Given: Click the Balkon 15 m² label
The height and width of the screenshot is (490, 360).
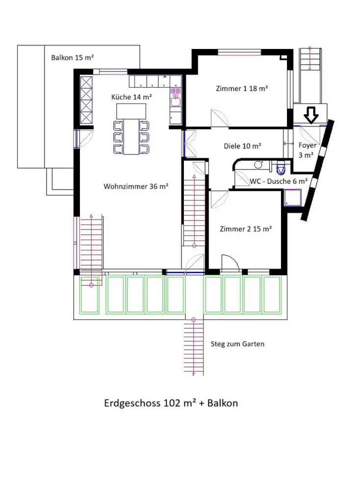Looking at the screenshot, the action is pyautogui.click(x=72, y=57).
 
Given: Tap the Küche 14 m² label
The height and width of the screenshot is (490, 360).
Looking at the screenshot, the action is pyautogui.click(x=131, y=97).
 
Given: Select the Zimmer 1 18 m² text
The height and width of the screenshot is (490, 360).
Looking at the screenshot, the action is pyautogui.click(x=242, y=88).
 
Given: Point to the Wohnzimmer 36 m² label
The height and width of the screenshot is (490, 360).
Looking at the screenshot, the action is pyautogui.click(x=136, y=187).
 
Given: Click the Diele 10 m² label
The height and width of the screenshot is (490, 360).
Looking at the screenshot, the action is pyautogui.click(x=242, y=146).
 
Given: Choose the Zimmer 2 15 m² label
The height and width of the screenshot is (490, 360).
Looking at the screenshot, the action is pyautogui.click(x=246, y=229).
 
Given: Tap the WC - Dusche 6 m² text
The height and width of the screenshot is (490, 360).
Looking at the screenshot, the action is pyautogui.click(x=279, y=181).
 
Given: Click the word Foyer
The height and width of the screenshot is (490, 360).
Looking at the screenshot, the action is pyautogui.click(x=308, y=146).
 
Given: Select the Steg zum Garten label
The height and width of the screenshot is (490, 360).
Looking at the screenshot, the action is pyautogui.click(x=237, y=344).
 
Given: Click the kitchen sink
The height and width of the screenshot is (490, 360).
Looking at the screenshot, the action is pyautogui.click(x=176, y=102).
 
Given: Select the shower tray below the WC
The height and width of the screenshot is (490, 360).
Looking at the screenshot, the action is pyautogui.click(x=292, y=198).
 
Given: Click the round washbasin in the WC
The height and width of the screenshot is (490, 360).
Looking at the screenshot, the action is pyautogui.click(x=258, y=165).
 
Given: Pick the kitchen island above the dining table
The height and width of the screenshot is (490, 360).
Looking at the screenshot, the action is pyautogui.click(x=131, y=111).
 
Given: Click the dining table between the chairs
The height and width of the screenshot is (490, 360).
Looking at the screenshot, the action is pyautogui.click(x=131, y=137).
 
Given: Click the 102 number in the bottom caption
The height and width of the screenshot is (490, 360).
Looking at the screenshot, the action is pyautogui.click(x=171, y=403).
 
